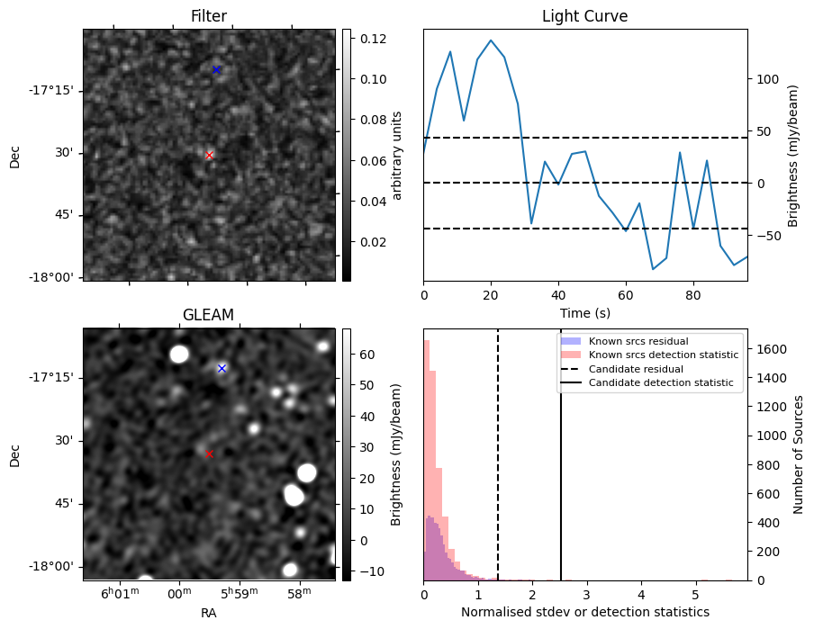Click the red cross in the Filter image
209,155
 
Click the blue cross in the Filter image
216,69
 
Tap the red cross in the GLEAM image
209,454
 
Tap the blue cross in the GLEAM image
222,368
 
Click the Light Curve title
585,16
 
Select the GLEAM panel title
208,315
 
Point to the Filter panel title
209,16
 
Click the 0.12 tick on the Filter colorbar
374,39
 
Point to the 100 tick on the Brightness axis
768,79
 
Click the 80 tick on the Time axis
693,295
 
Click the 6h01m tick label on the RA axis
120,593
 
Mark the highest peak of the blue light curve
491,40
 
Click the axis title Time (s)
585,313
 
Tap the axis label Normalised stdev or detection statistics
585,612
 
